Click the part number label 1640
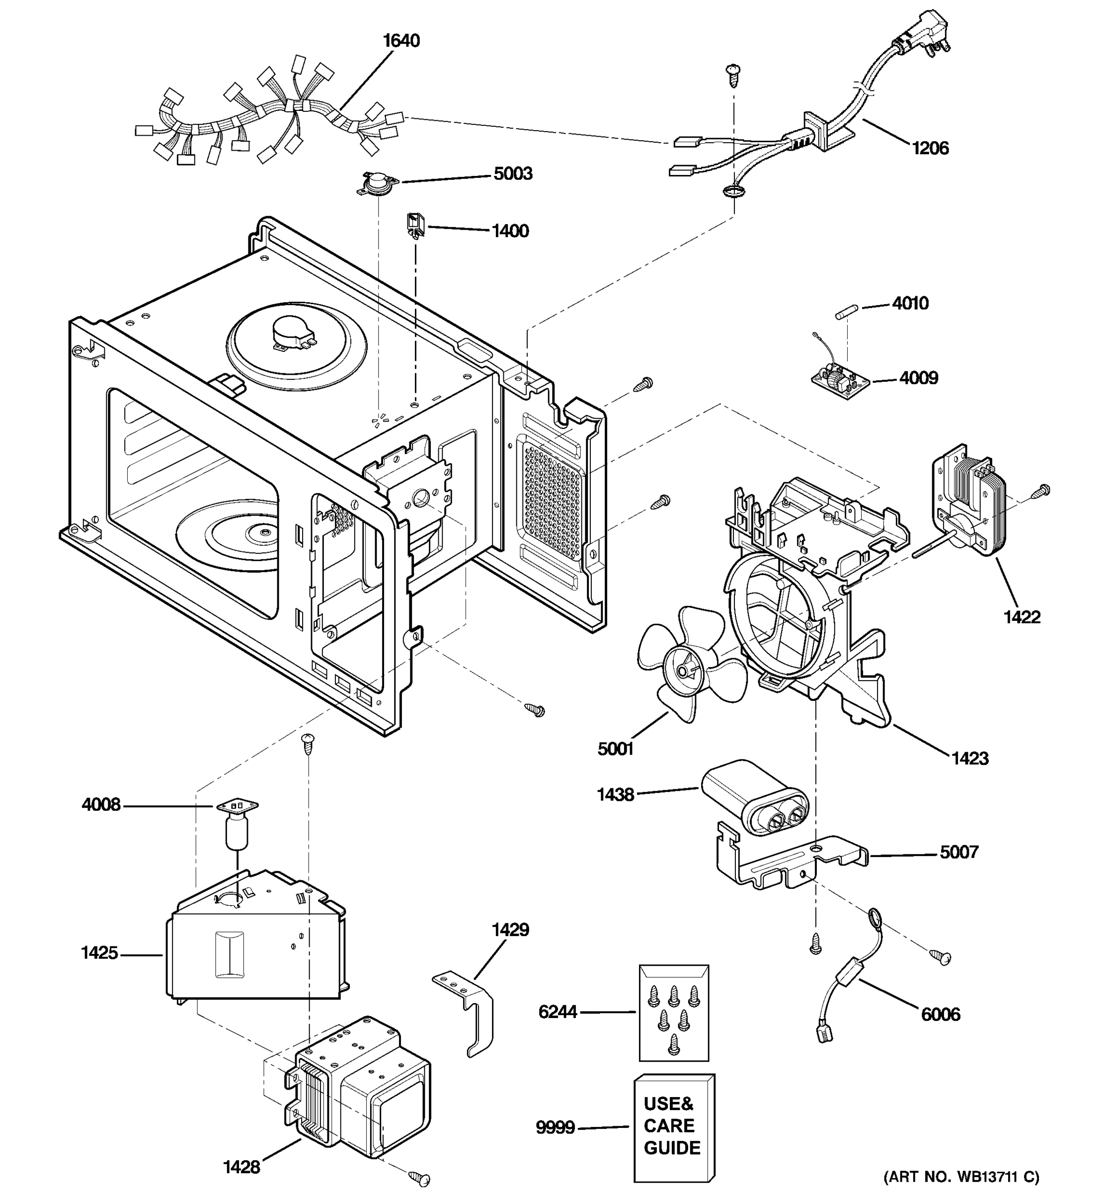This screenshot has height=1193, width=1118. tap(401, 41)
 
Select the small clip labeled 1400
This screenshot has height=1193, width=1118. tap(415, 225)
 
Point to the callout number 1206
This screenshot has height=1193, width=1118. tap(930, 148)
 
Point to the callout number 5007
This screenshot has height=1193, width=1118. tap(959, 852)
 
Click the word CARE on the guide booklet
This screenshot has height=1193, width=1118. tap(669, 1125)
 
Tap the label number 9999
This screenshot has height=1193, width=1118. tap(555, 1127)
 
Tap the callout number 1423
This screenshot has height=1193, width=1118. tap(970, 758)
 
